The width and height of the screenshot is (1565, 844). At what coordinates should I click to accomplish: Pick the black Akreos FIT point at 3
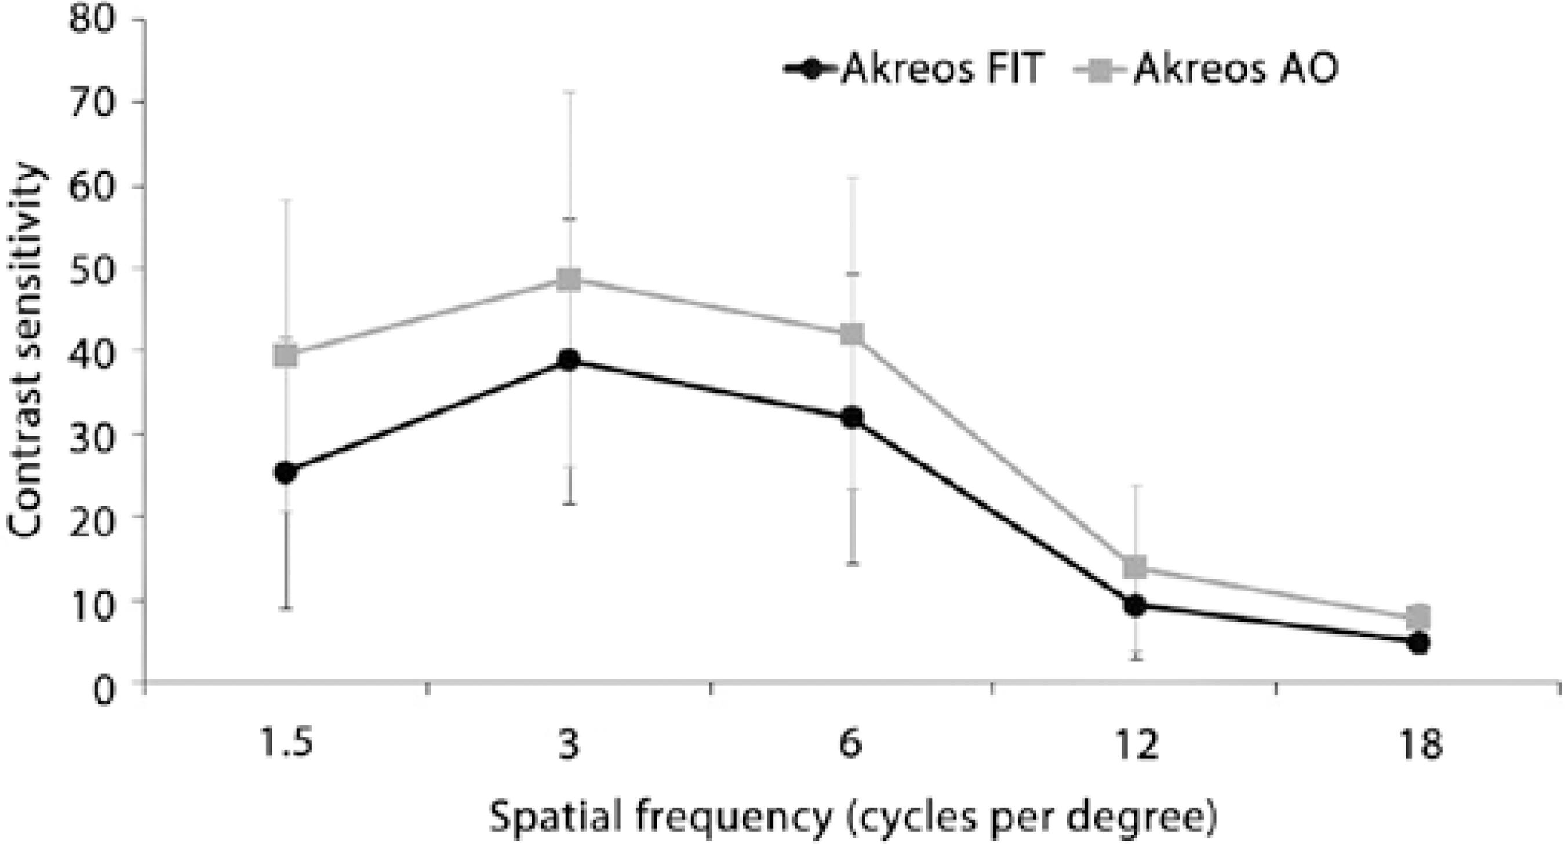(x=569, y=360)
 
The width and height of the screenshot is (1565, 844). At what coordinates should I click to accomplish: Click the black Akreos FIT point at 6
(x=853, y=418)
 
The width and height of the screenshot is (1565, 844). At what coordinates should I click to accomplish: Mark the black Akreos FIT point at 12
(x=1135, y=605)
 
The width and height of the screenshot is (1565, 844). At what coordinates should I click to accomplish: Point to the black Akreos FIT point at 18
(x=1418, y=642)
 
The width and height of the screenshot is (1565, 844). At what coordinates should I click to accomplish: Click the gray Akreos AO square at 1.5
(x=286, y=356)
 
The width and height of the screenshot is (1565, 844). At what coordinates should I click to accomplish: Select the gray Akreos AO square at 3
(x=569, y=279)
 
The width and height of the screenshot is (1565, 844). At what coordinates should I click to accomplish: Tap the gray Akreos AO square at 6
(x=853, y=334)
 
